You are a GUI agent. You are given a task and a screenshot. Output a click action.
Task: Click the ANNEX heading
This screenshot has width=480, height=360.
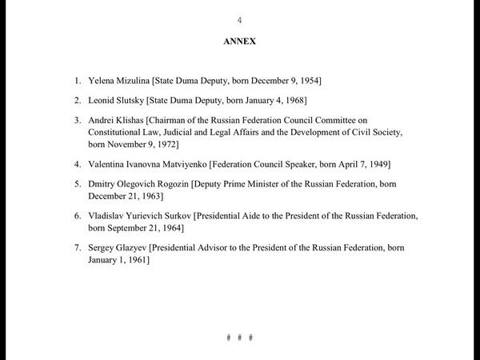[239, 42]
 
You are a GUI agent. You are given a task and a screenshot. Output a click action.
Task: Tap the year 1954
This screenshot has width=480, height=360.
[310, 81]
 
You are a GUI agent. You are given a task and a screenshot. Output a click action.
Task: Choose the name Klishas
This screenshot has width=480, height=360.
[136, 119]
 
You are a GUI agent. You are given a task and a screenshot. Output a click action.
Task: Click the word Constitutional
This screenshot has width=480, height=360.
[118, 132]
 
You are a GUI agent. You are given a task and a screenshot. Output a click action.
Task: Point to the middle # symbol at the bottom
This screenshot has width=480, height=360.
[239, 337]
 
